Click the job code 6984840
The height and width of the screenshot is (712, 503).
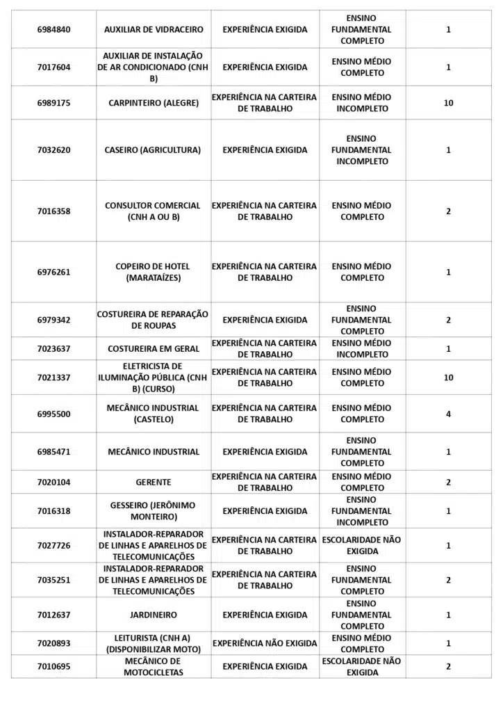tap(53, 29)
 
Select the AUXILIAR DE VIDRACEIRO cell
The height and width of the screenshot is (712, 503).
tap(154, 29)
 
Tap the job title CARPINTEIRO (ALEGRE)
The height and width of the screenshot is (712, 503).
tap(154, 103)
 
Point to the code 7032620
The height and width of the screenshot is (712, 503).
tap(53, 149)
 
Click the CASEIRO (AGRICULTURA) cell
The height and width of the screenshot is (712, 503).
tap(154, 149)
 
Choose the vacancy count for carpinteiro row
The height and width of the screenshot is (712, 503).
tap(448, 103)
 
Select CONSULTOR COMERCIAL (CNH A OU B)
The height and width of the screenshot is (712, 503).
tap(154, 211)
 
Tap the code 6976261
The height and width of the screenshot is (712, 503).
tap(53, 272)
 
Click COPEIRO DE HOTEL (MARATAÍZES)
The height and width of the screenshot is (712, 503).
tap(154, 272)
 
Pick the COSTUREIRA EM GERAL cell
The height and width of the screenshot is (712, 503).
tap(154, 348)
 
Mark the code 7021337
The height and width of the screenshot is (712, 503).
tap(53, 377)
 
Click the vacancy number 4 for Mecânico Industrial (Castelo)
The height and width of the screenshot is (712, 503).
tap(448, 414)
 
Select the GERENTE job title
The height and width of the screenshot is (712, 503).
tap(154, 482)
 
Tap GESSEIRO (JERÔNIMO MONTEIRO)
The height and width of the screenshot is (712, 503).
tap(154, 511)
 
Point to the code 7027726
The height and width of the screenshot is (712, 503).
tap(53, 545)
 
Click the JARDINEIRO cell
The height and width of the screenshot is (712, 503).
tap(154, 615)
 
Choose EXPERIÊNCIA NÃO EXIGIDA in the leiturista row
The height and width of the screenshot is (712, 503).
tap(265, 643)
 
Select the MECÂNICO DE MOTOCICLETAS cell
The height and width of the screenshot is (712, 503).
tap(154, 666)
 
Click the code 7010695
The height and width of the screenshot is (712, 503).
tap(53, 666)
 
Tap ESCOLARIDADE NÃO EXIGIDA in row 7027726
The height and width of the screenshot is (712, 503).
tap(361, 545)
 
